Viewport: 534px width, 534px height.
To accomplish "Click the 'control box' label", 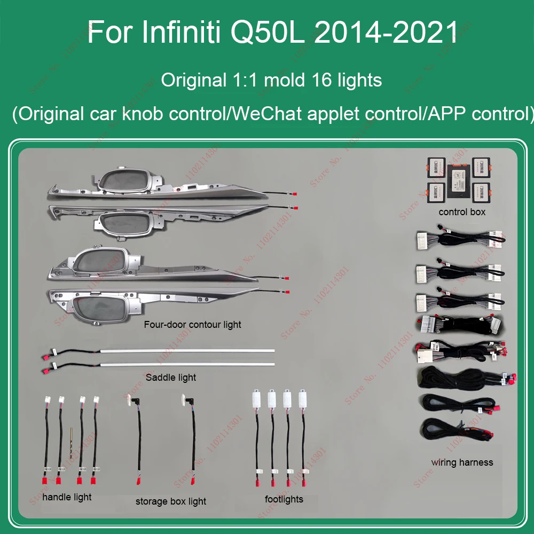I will pyautogui.click(x=462, y=212).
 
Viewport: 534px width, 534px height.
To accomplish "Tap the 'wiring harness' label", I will pyautogui.click(x=462, y=462).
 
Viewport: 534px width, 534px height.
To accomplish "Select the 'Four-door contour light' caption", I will pyautogui.click(x=192, y=325).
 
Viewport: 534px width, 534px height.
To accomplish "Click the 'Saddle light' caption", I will pyautogui.click(x=171, y=378).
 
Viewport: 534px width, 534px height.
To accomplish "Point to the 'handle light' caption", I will pyautogui.click(x=67, y=497).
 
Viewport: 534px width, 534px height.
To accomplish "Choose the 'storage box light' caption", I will pyautogui.click(x=170, y=501).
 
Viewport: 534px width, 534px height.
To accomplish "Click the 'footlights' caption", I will pyautogui.click(x=284, y=499).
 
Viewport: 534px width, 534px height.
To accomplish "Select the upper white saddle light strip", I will pyautogui.click(x=187, y=351).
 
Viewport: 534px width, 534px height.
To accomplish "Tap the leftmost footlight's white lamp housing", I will pyautogui.click(x=256, y=398).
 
